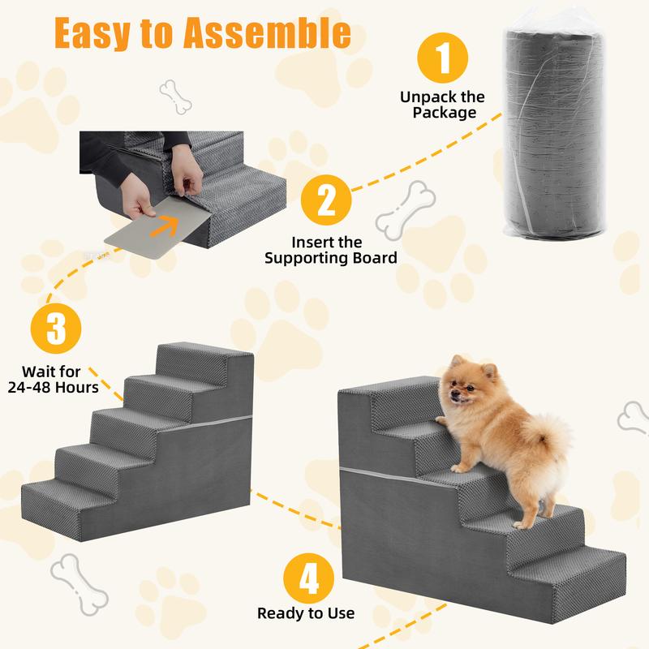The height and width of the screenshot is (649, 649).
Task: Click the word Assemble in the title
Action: pos(268,33)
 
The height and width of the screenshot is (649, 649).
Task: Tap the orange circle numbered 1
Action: pos(442,58)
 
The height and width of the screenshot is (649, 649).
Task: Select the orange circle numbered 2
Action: pos(326,200)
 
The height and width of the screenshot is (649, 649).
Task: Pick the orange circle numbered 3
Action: pos(56,329)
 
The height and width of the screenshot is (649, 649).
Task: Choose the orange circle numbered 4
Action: pos(309,578)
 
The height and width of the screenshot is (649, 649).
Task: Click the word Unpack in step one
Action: pos(428,97)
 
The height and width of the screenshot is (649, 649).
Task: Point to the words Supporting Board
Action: pos(331,258)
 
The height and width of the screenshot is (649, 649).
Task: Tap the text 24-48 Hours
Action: pos(53,388)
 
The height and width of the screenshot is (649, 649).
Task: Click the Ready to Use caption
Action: pos(306,613)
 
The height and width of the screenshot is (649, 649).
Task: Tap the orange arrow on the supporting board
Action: pos(164,226)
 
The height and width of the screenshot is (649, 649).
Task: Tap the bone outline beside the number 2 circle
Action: pos(406,210)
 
